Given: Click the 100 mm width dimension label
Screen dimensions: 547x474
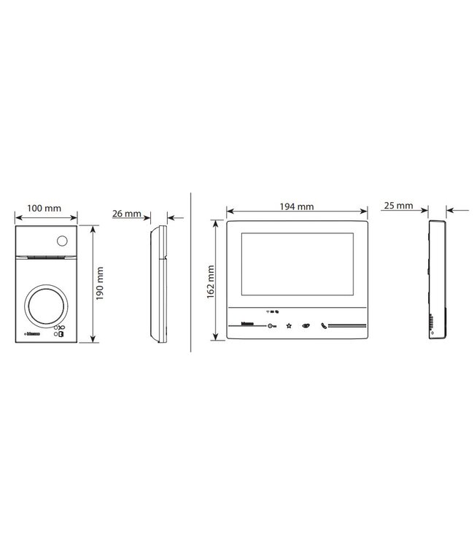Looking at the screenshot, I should coord(44,208).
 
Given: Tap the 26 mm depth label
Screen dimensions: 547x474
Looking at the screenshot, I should coord(127,214).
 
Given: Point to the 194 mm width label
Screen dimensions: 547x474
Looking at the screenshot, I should coord(296,206).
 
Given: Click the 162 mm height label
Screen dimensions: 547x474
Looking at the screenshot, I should coord(210,280).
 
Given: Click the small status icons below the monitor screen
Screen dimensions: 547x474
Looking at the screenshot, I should coord(272,310).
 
